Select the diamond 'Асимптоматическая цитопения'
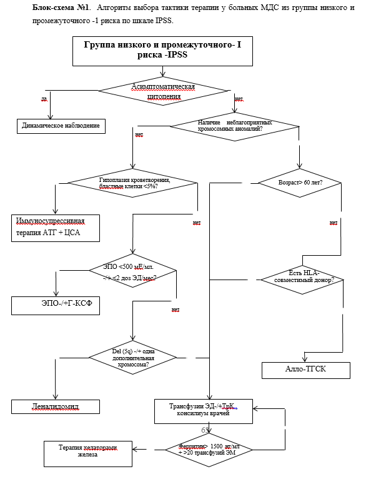[x=164, y=91]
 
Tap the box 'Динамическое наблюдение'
[x=61, y=125]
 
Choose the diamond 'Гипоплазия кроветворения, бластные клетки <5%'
[x=132, y=183]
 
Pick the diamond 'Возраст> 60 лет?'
[x=300, y=183]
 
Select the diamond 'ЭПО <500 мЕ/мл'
[x=132, y=271]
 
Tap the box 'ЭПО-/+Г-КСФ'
[x=56, y=305]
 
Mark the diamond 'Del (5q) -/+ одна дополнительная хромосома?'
[x=132, y=358]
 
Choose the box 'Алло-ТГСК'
[x=305, y=370]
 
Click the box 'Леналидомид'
[x=56, y=406]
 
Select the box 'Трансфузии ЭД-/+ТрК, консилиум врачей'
[x=203, y=410]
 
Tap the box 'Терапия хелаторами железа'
[x=88, y=451]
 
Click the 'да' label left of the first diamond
[x=44, y=99]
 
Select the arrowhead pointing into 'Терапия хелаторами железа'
[x=136, y=450]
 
